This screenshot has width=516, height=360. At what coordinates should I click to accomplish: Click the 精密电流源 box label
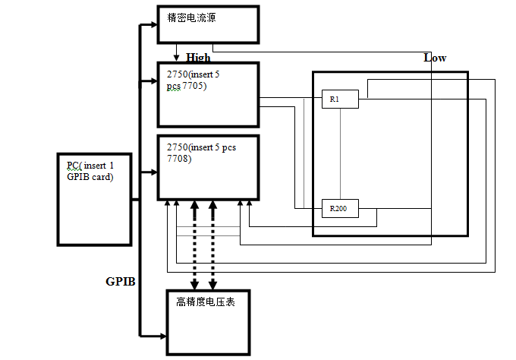click(x=191, y=17)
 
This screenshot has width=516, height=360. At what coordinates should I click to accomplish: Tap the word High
click(x=198, y=57)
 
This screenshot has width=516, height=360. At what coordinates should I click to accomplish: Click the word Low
click(x=435, y=58)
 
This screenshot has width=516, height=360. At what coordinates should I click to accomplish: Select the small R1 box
click(x=339, y=99)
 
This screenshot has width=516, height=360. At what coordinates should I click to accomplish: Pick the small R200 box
click(x=339, y=207)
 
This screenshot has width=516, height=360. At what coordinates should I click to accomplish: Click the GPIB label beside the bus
click(x=120, y=281)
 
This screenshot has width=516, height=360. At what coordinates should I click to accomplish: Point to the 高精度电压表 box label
click(x=204, y=302)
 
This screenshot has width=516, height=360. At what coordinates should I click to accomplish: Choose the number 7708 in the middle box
click(x=180, y=159)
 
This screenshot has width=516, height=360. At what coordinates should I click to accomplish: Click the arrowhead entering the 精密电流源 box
click(x=153, y=25)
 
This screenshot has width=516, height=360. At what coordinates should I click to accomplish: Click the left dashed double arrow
click(x=195, y=245)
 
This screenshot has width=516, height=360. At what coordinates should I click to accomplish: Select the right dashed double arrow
click(x=213, y=245)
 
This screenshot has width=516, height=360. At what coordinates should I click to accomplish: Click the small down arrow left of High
click(x=177, y=56)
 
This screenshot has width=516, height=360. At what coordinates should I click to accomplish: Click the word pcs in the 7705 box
click(x=175, y=86)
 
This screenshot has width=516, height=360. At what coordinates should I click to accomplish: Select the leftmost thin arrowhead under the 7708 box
click(x=167, y=204)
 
